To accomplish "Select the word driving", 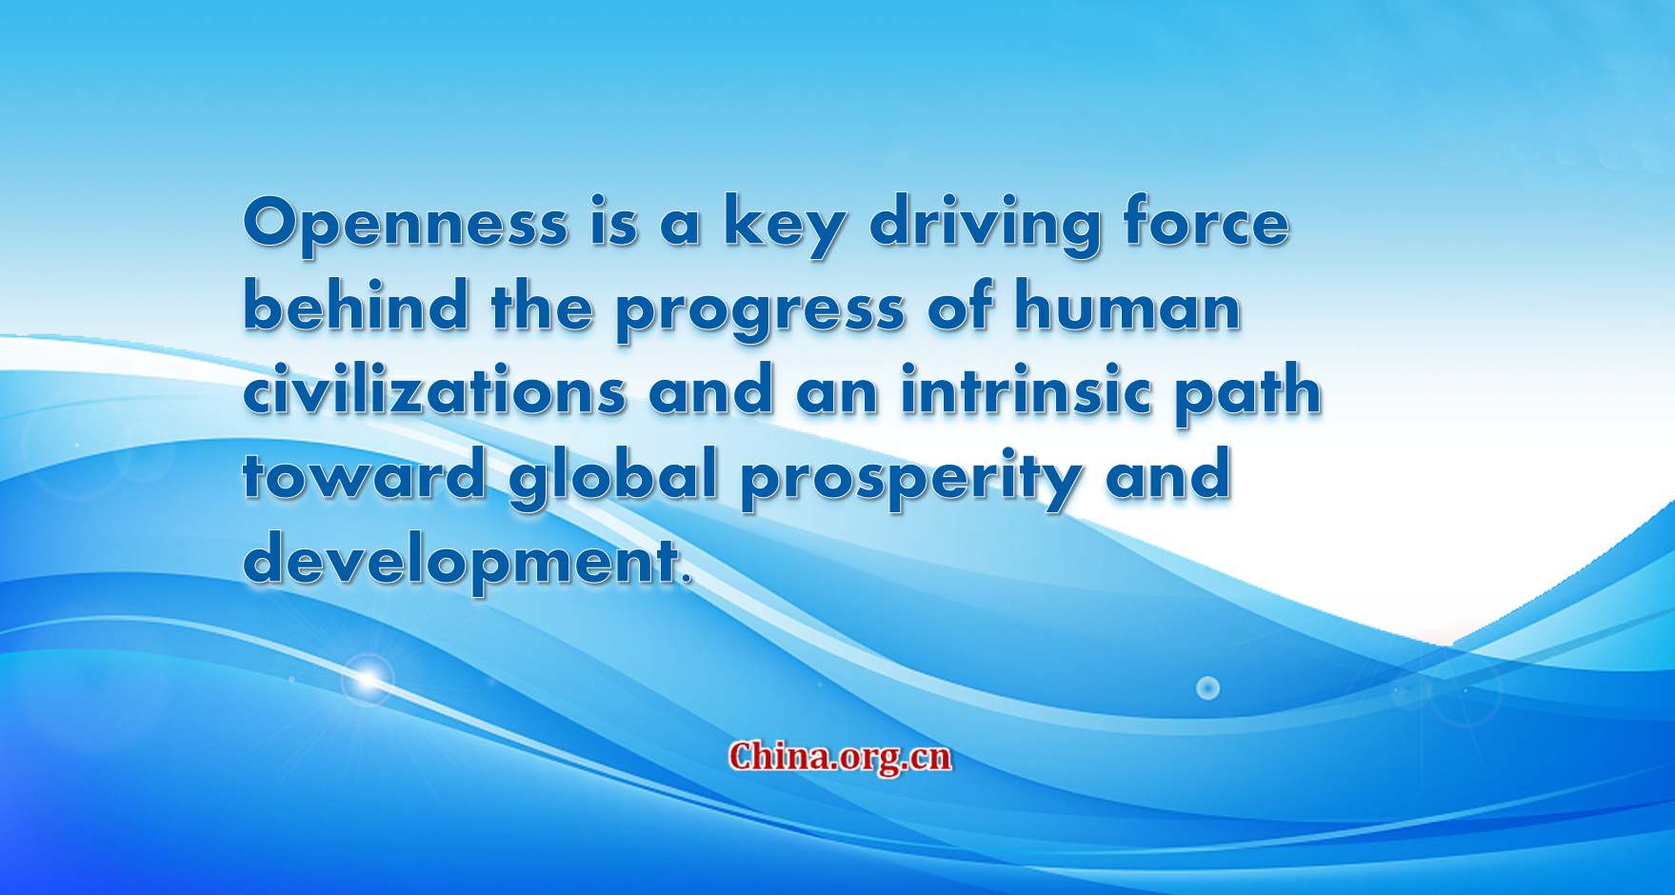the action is point(986,225).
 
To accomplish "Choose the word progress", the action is point(760,310).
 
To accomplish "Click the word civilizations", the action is point(434,389).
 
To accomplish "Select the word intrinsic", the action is point(1026,389).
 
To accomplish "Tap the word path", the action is point(1247,394).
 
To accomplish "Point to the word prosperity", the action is point(911,479).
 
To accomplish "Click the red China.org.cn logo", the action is point(840,757).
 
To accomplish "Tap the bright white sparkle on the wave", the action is point(368,679).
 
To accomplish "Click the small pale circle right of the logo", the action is point(1207,687).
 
